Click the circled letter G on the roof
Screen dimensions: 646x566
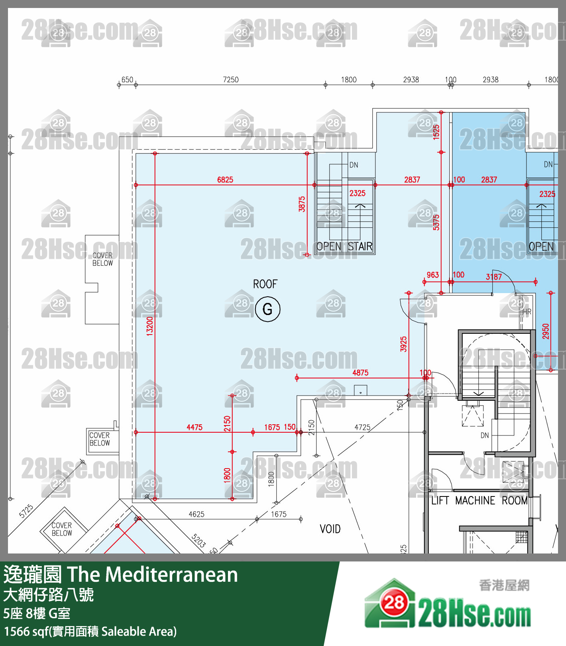267,309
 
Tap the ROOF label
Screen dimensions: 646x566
265,284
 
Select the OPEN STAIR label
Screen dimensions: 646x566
344,246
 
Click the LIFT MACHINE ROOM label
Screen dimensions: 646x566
480,500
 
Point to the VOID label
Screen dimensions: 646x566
330,529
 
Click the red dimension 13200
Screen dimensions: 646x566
149,326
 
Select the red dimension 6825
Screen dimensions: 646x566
225,180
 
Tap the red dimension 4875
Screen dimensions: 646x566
360,373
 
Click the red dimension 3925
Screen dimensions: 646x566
403,344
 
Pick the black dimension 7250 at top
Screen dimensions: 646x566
231,80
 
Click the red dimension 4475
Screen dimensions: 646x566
195,427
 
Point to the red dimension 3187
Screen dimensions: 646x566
494,277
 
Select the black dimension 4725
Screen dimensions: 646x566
362,427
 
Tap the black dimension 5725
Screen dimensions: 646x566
26,511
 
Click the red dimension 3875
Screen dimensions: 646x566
302,204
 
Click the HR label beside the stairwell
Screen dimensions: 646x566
527,312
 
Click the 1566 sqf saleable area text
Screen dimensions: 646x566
90,632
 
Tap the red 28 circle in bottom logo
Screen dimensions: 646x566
394,603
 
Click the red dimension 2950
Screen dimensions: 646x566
546,331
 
